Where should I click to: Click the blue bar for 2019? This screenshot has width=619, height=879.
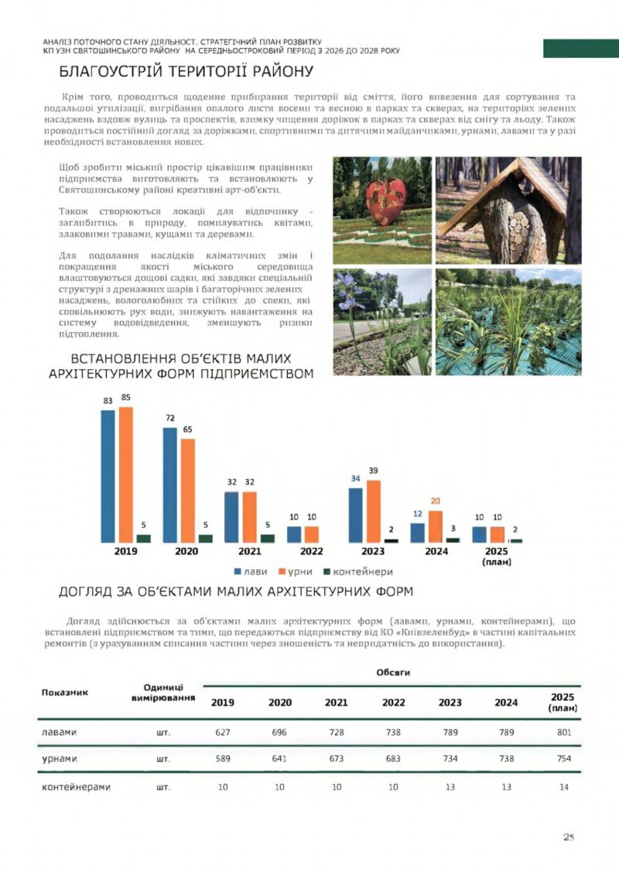[x=108, y=475]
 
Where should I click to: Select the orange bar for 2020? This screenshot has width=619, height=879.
[x=188, y=490]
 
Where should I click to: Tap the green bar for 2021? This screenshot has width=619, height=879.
[x=268, y=538]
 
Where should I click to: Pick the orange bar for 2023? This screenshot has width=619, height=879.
[x=374, y=511]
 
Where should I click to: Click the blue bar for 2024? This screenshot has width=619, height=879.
[x=417, y=532]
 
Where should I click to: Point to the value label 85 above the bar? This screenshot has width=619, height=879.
[x=126, y=398]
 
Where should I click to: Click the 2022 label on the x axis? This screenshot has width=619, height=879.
[x=311, y=552]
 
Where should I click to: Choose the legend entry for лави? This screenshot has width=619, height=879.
[x=251, y=572]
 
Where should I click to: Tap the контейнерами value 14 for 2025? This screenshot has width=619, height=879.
[x=563, y=787]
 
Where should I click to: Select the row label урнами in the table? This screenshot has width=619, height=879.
[x=60, y=759]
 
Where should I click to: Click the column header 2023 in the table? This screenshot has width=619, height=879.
[x=450, y=703]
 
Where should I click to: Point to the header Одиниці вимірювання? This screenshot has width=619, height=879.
[x=163, y=693]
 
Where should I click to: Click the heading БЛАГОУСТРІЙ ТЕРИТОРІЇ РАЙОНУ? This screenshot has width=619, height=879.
[x=186, y=73]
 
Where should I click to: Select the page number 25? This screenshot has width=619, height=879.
[x=569, y=837]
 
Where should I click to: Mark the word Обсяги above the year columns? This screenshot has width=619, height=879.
[x=393, y=673]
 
